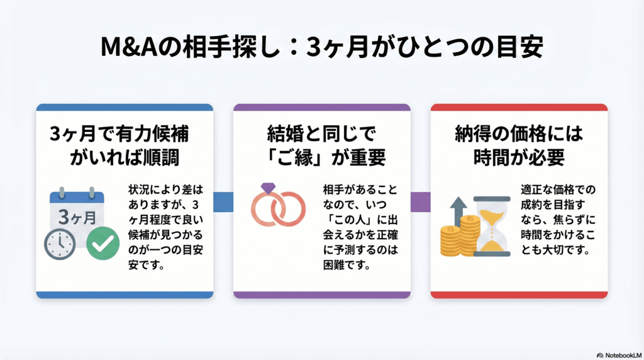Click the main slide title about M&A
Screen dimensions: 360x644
click(x=321, y=48)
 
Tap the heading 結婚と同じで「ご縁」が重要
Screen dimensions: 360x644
click(x=322, y=145)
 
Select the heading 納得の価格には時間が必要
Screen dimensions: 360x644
click(x=519, y=145)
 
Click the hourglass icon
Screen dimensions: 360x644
click(x=491, y=225)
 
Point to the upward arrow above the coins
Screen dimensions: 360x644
click(x=457, y=207)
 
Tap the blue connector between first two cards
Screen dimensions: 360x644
click(x=223, y=201)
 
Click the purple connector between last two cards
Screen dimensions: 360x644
click(x=420, y=201)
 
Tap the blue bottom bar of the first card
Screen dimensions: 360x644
click(x=125, y=295)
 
